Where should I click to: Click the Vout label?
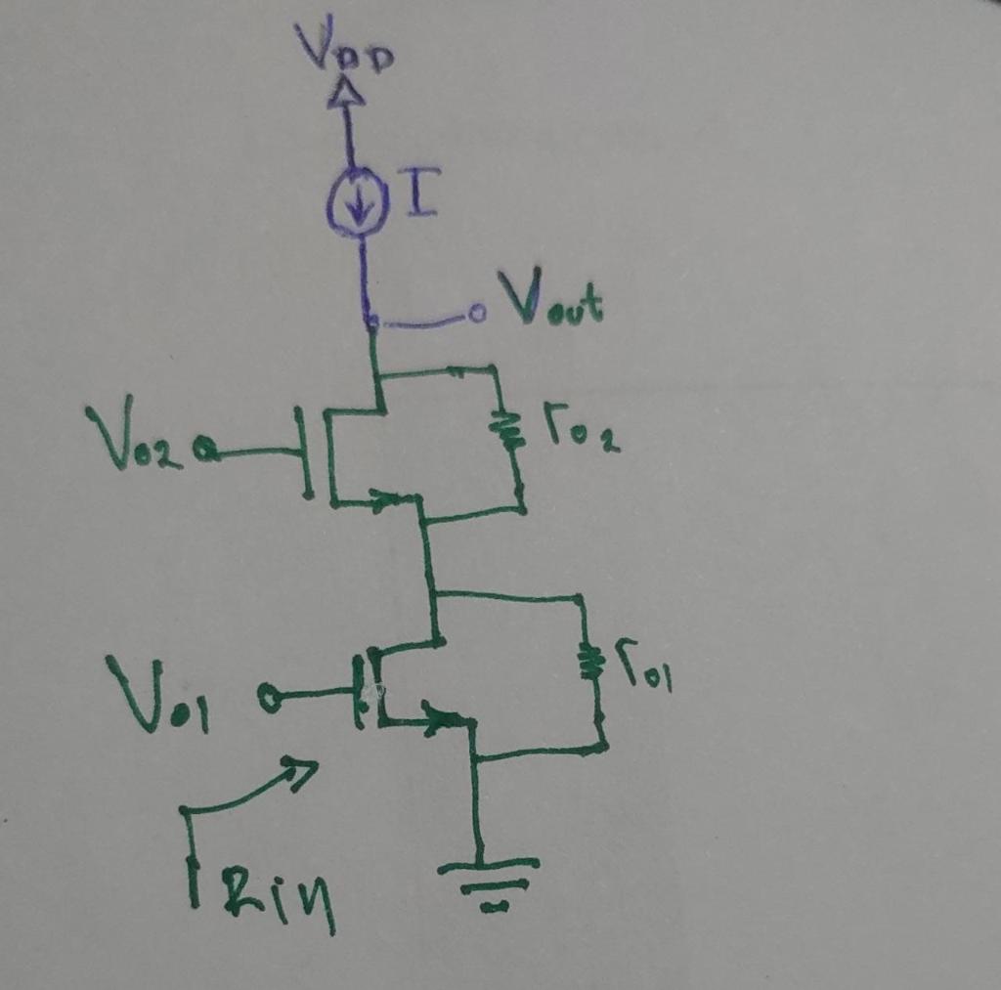tap(550, 300)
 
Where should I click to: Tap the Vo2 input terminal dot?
tap(205, 451)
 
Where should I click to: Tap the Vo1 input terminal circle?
tap(270, 697)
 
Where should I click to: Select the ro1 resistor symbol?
tap(588, 661)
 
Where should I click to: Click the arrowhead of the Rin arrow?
tap(303, 771)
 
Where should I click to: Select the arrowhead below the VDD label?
tap(346, 93)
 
